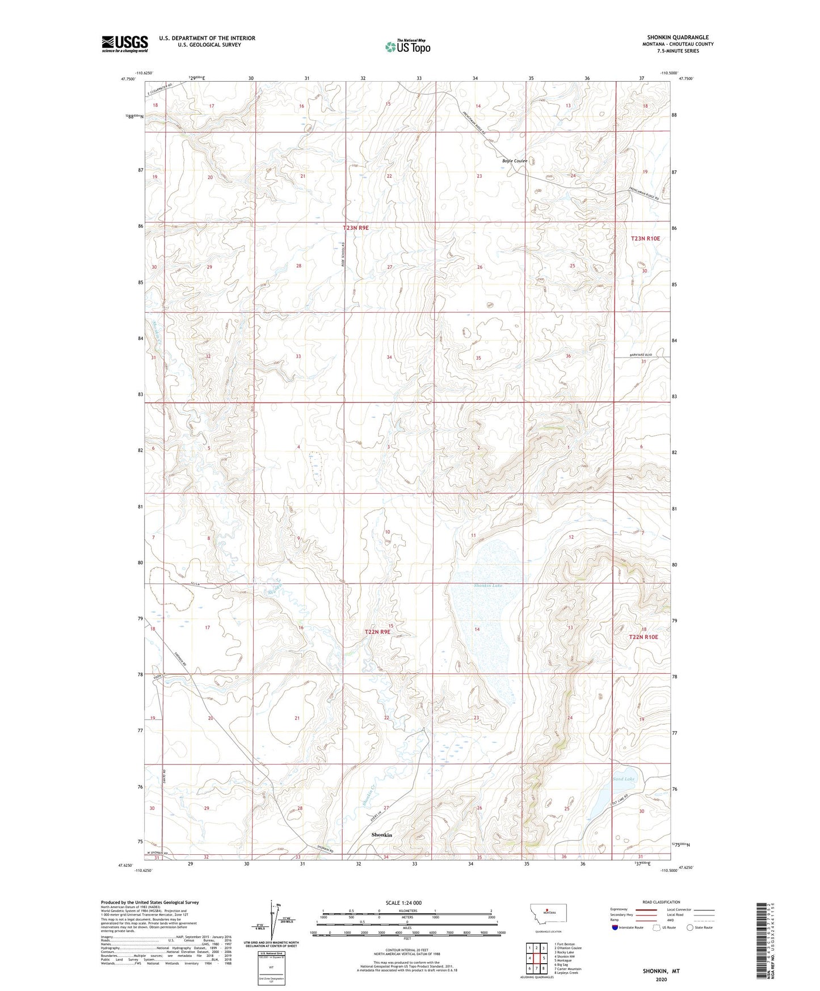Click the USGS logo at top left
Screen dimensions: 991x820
point(124,44)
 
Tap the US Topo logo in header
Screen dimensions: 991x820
point(407,47)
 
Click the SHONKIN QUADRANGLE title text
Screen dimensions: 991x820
point(678,37)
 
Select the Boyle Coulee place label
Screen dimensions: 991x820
point(514,161)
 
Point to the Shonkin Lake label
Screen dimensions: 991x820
point(489,585)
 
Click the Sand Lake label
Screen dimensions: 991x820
point(623,779)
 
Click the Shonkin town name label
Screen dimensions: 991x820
point(381,835)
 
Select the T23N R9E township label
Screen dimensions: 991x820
point(356,228)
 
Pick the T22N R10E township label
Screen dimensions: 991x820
point(644,637)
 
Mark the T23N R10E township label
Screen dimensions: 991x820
point(645,239)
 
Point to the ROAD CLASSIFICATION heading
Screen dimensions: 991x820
point(661,902)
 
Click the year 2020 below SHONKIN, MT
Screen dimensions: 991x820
point(661,979)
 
